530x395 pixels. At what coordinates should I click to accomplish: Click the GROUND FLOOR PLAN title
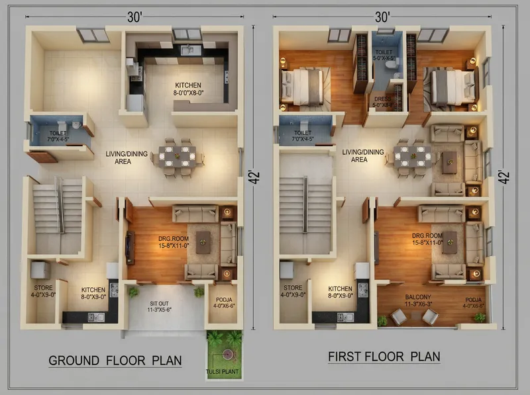click(115, 361)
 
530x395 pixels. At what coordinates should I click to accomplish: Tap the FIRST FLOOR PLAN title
click(384, 357)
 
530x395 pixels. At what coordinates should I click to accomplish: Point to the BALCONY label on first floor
click(418, 301)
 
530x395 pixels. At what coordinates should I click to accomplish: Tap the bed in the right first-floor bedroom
click(451, 85)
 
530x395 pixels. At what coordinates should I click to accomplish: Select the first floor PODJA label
click(474, 302)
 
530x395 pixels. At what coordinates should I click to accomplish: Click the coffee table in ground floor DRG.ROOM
click(203, 244)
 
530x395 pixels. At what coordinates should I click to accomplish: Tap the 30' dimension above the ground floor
click(136, 17)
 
